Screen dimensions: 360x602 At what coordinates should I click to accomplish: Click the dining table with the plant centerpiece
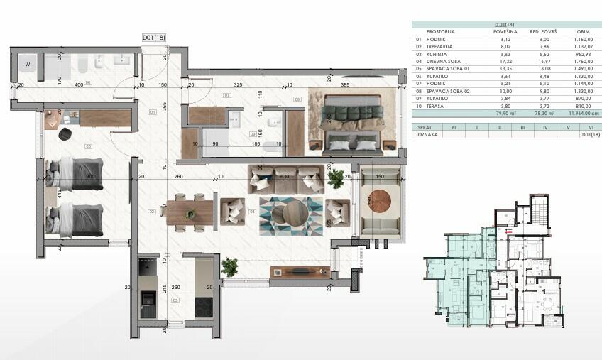(x=189, y=212)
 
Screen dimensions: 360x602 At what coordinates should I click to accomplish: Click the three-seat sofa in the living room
(x=285, y=180)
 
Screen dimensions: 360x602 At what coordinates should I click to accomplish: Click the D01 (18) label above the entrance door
(x=153, y=38)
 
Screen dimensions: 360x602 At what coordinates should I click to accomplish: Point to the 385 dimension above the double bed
(x=346, y=84)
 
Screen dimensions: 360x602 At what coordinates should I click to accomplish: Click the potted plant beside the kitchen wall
(x=229, y=268)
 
